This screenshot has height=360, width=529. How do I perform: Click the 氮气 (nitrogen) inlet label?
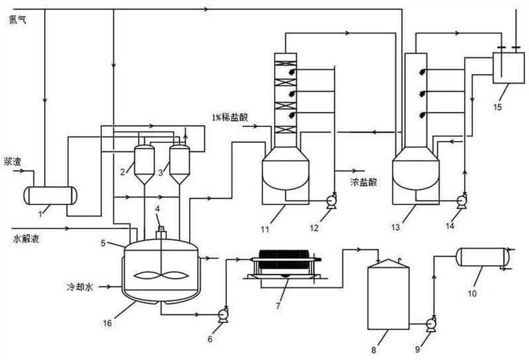click(x=18, y=21)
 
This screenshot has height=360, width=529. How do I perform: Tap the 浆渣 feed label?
click(x=13, y=161)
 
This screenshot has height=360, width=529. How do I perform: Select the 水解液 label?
click(x=26, y=239)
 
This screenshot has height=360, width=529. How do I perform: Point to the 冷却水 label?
click(x=79, y=287)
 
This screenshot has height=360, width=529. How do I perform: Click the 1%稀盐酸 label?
click(x=229, y=118)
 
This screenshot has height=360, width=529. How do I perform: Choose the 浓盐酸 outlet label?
click(x=363, y=183)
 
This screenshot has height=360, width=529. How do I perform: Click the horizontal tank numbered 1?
click(x=51, y=195)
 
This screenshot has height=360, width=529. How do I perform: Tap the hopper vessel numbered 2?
click(x=144, y=165)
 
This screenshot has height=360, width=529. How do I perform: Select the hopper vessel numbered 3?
click(x=179, y=165)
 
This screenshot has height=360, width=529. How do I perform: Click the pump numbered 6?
click(x=223, y=315)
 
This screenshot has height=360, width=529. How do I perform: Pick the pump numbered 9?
click(x=431, y=324)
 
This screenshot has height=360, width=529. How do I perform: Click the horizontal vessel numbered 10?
click(x=482, y=257)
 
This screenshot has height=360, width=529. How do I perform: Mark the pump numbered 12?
click(x=331, y=201)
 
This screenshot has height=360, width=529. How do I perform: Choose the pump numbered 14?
click(x=461, y=201)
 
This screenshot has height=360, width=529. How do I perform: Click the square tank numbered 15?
click(x=509, y=68)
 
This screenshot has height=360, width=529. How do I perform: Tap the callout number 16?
click(x=107, y=323)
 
